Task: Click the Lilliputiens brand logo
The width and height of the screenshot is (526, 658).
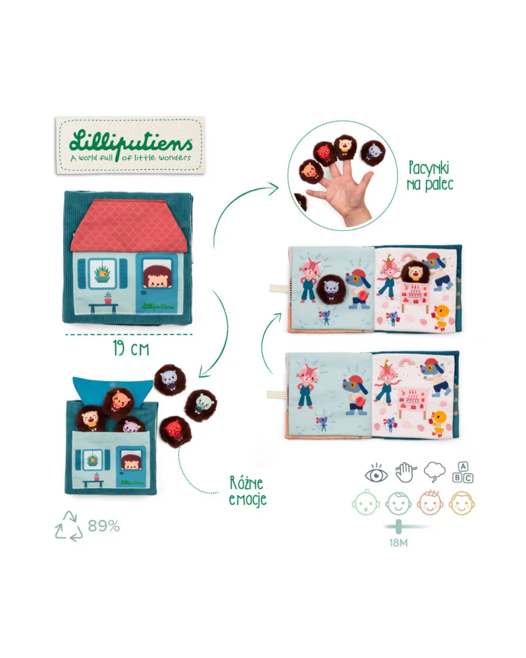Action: click(x=131, y=145)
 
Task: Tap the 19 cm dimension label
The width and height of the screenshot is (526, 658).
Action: click(x=131, y=348)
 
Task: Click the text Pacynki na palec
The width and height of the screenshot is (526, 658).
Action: click(x=430, y=176)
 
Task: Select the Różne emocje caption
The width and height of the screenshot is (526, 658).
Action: click(x=247, y=491)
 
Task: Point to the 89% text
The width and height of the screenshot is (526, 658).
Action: click(x=104, y=526)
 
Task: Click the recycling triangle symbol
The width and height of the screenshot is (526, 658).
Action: click(x=68, y=526)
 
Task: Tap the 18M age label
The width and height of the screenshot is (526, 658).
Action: click(x=398, y=542)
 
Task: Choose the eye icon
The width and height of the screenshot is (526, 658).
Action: click(x=376, y=473)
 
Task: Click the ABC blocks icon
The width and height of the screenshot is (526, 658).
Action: click(x=463, y=472)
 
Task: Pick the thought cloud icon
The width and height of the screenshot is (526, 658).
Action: click(x=434, y=471)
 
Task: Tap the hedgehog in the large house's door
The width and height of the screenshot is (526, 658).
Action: click(x=157, y=276)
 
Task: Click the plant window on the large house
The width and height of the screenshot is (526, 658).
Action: click(x=103, y=273)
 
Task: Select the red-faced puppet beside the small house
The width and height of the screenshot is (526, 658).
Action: click(x=174, y=431)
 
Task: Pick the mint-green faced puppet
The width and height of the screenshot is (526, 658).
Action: click(x=201, y=405)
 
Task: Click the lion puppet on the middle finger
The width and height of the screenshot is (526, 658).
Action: click(x=345, y=147)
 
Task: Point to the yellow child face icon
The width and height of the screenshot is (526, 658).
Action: click(x=461, y=503)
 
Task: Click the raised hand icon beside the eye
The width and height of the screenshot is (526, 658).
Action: click(x=405, y=472)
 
